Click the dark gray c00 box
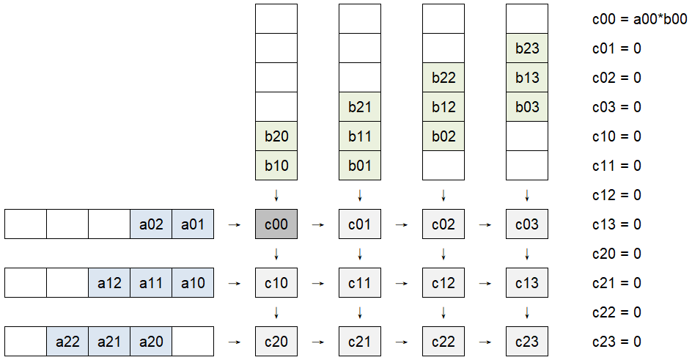pyautogui.click(x=276, y=224)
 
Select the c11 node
pyautogui.click(x=360, y=282)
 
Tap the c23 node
pyautogui.click(x=527, y=341)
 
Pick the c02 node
pyautogui.click(x=443, y=224)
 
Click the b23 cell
pyautogui.click(x=527, y=48)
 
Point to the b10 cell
pyautogui.click(x=276, y=166)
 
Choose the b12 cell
pyautogui.click(x=443, y=107)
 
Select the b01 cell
pyautogui.click(x=360, y=166)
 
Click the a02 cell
pyautogui.click(x=151, y=224)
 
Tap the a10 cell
pyautogui.click(x=193, y=282)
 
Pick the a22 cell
pyautogui.click(x=67, y=341)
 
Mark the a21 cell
pyautogui.click(x=109, y=341)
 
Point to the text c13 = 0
pyautogui.click(x=616, y=224)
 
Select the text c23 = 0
pyautogui.click(x=616, y=342)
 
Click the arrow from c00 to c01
pyautogui.click(x=318, y=224)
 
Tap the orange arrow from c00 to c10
pyautogui.click(x=276, y=254)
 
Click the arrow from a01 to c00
pyautogui.click(x=235, y=224)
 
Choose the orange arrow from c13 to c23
pyautogui.click(x=527, y=312)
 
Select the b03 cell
pyautogui.click(x=527, y=107)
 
